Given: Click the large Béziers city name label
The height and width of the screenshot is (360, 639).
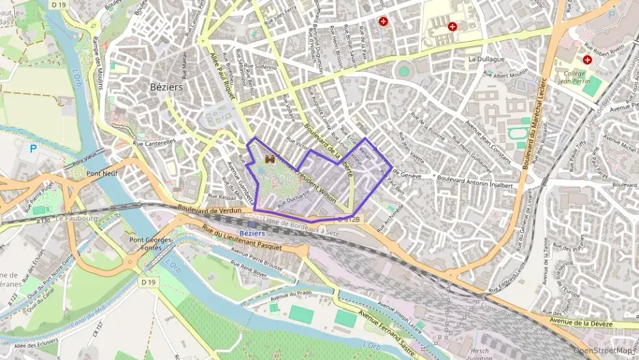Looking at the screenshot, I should tap(167, 87).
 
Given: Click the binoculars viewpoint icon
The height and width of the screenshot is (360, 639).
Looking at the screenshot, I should tap(270, 158).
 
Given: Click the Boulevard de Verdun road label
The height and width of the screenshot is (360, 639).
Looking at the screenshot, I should tap(209, 210).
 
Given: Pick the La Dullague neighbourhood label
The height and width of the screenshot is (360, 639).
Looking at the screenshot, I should tap(486, 59).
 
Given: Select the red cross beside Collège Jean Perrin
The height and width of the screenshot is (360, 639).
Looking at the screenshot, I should tap(587, 59).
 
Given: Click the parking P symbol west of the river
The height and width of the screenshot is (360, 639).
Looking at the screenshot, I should tap(32, 148).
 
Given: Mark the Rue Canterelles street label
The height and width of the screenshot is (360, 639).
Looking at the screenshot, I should tap(154, 143).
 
